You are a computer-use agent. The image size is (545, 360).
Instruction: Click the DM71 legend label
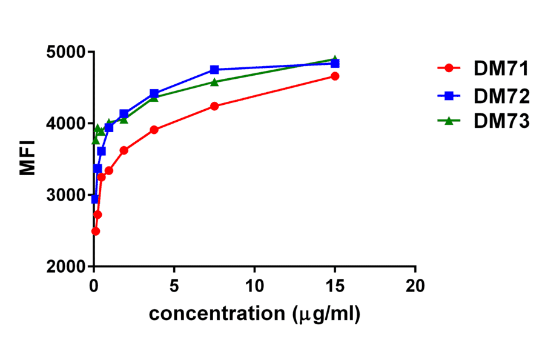tap(502, 68)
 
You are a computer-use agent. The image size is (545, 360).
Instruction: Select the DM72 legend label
tap(502, 95)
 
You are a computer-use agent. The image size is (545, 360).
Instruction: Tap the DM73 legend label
tap(502, 121)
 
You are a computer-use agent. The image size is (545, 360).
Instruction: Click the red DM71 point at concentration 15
tap(335, 76)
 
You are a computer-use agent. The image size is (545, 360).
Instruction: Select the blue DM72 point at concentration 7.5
tap(214, 70)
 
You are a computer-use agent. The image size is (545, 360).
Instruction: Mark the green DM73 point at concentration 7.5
tap(214, 82)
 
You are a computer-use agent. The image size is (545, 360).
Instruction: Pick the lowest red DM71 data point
tap(95, 231)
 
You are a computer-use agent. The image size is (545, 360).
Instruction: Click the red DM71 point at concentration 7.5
tap(214, 106)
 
